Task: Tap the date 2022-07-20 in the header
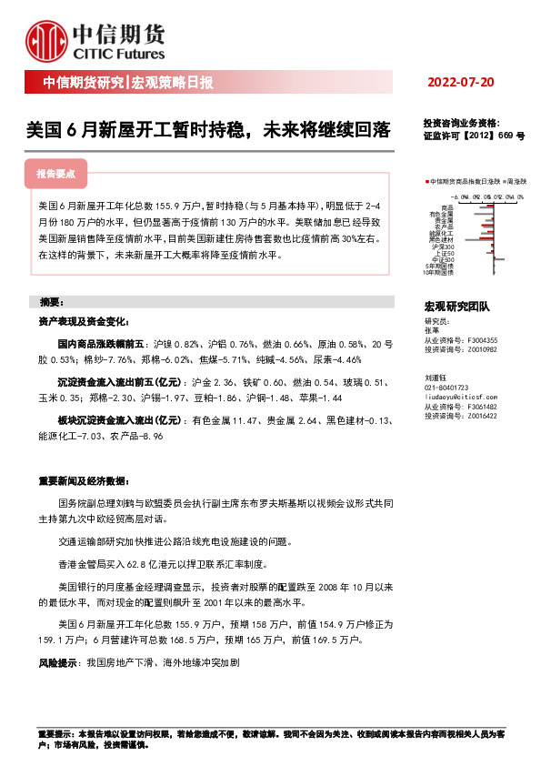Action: (460, 83)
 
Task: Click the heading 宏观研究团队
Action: (456, 307)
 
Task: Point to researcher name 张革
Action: (431, 331)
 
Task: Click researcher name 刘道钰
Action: (435, 375)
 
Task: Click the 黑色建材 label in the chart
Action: (444, 239)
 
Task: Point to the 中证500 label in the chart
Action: (446, 258)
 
